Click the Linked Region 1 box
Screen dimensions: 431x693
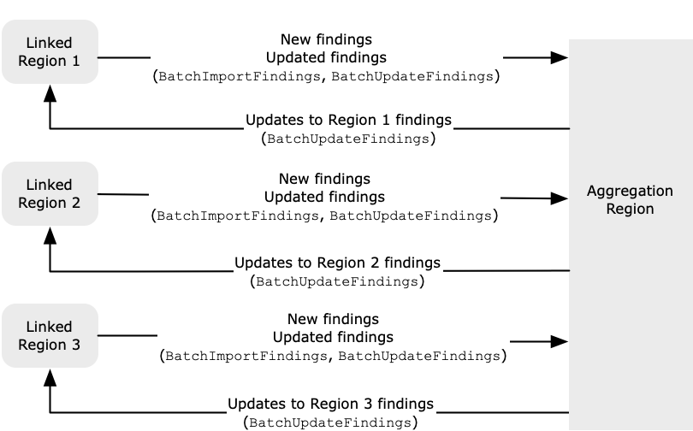[x=50, y=52]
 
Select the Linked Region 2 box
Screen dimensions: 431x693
[x=50, y=194]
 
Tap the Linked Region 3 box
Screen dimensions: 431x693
[x=50, y=336]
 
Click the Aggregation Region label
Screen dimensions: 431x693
[x=630, y=200]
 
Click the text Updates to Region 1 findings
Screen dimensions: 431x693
[x=347, y=120]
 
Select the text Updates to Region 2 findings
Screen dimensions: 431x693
[x=337, y=263]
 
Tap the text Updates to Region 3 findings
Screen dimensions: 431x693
[x=330, y=404]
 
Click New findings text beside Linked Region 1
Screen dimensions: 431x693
[x=326, y=39]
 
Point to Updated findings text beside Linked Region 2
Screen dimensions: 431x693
[x=324, y=198]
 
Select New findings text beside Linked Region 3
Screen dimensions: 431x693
[x=333, y=319]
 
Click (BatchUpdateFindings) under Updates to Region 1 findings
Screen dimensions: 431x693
[x=347, y=139]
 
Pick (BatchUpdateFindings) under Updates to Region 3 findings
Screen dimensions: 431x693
[x=330, y=422]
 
